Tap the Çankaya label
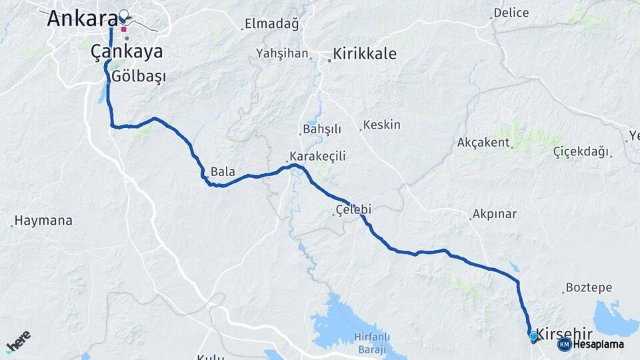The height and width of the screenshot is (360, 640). [x=127, y=52]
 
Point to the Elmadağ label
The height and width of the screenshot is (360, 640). [x=271, y=24]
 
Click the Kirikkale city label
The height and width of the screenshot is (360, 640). [x=364, y=54]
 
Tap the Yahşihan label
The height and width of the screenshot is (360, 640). [x=283, y=53]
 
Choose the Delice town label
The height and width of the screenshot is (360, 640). [x=512, y=13]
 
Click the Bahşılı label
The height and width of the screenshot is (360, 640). [x=322, y=129]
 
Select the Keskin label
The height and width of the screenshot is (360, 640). [x=383, y=125]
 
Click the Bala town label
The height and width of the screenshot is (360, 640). [x=223, y=172]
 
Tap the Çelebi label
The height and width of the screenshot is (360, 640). [x=353, y=210]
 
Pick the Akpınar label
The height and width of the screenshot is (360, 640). [x=494, y=215]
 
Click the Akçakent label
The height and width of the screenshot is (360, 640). [x=483, y=143]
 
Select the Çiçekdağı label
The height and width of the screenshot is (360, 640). [x=581, y=152]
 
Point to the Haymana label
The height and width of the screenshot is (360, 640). [x=43, y=221]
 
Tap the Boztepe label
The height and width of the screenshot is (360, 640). [x=589, y=288]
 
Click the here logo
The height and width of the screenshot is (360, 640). [x=18, y=342]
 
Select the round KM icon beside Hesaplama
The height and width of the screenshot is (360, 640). [x=564, y=344]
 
